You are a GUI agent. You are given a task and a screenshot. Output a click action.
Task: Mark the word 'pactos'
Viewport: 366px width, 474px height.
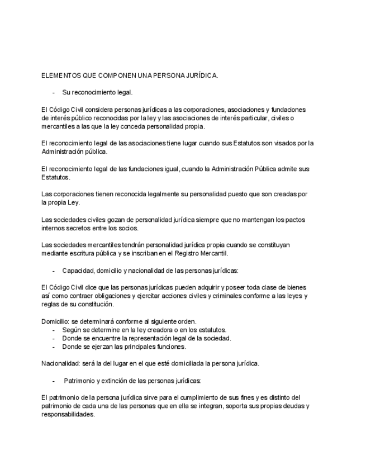pos(292,220)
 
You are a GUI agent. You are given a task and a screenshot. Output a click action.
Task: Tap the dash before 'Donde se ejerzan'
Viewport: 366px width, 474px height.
pos(53,347)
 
